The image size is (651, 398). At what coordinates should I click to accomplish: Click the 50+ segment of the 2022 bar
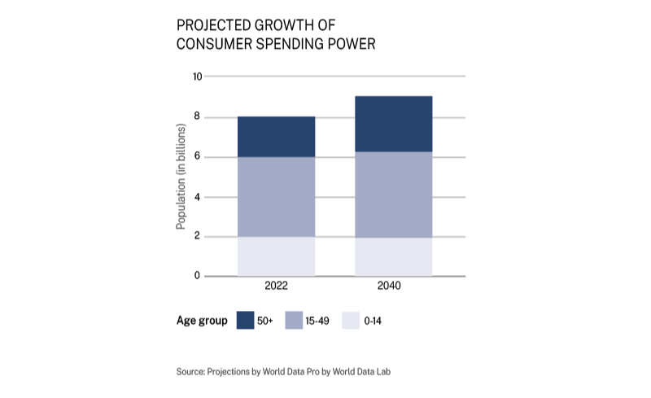pos(276,137)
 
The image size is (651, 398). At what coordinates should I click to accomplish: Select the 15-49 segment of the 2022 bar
pos(276,197)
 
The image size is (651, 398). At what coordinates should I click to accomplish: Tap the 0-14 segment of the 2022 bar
pos(276,256)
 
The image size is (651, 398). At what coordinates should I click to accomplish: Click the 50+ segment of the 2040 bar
pos(393,124)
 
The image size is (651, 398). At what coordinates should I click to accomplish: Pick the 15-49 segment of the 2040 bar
pos(393,195)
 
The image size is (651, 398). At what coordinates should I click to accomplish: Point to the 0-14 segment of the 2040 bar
pos(393,257)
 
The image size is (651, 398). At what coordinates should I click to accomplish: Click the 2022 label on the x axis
pos(276,286)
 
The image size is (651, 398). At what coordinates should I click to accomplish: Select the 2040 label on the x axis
pos(393,286)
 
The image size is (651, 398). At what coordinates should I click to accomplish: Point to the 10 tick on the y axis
pos(196,77)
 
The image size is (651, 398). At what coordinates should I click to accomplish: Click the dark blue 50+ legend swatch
pos(246,321)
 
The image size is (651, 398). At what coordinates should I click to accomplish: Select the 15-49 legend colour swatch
pos(295,321)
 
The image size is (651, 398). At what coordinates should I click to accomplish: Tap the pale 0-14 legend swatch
pos(351,321)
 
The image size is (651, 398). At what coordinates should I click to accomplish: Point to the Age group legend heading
pos(202,321)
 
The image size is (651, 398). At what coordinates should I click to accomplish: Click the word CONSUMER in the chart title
pos(212,44)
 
